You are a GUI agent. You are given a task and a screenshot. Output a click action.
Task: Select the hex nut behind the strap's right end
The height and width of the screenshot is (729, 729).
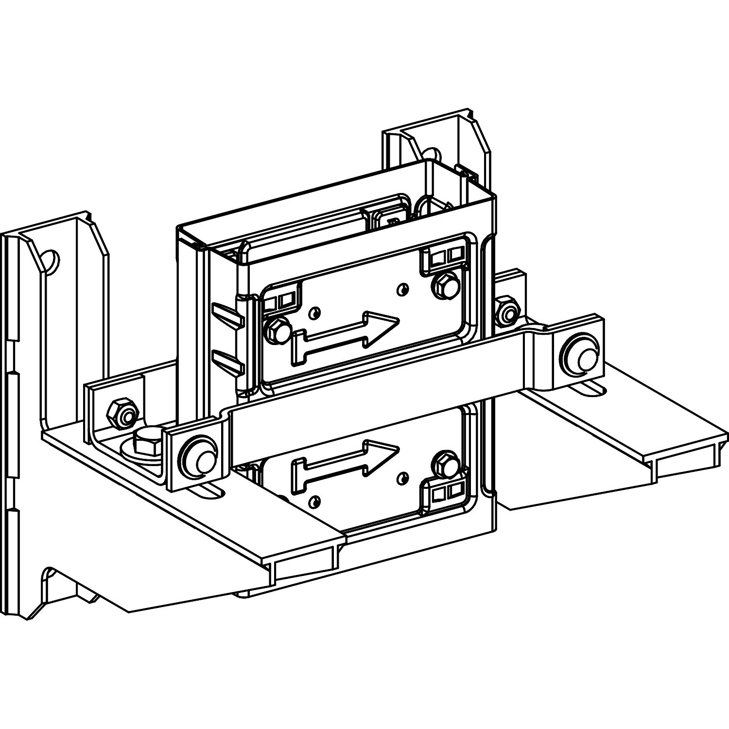coord(508,313)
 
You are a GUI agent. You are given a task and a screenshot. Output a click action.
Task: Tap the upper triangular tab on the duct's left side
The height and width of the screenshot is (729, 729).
coord(228,318)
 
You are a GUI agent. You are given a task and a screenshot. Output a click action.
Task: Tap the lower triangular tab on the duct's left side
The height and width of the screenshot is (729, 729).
coord(228,362)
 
